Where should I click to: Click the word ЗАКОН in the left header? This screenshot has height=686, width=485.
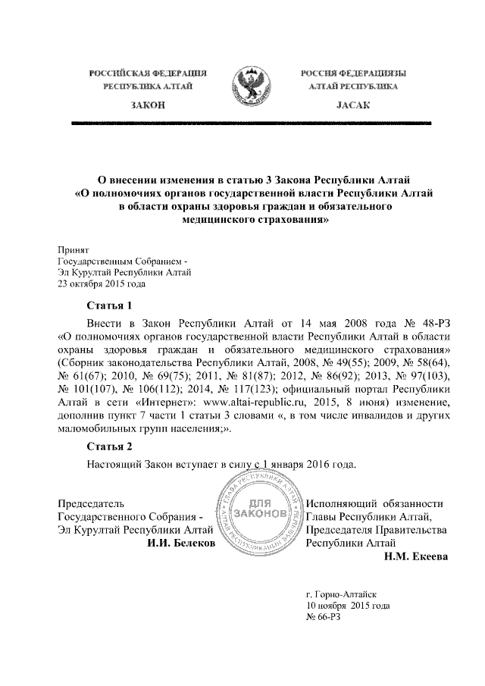[x=148, y=103]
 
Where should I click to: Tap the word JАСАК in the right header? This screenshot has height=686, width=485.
[x=352, y=103]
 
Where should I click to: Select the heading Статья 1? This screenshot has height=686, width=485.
[x=110, y=306]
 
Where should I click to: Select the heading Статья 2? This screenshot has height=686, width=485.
[x=110, y=446]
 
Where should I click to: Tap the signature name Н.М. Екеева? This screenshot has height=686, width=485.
[x=416, y=557]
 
